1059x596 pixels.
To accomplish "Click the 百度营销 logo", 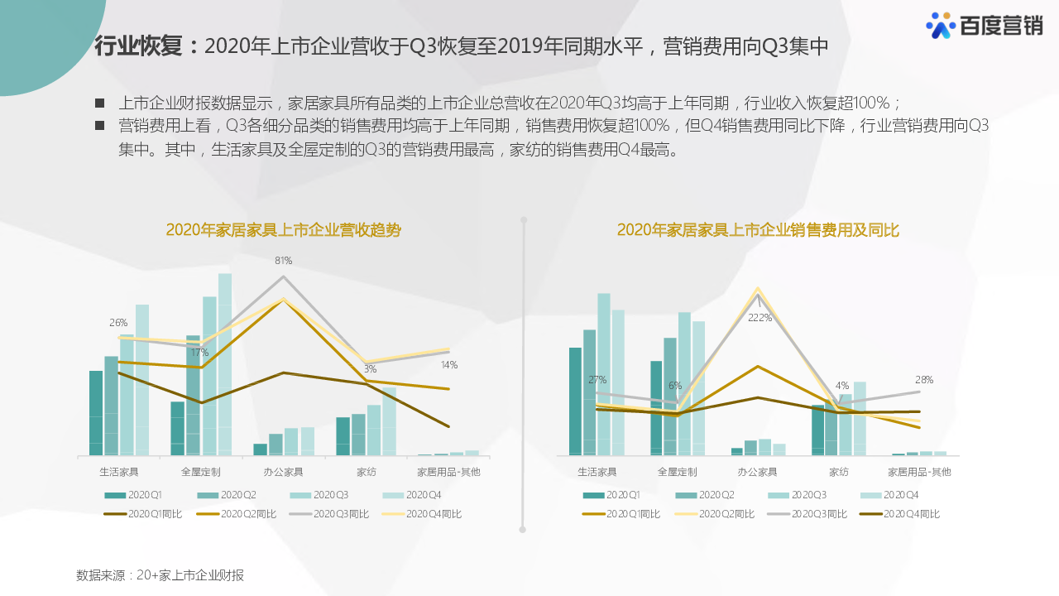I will [984, 26].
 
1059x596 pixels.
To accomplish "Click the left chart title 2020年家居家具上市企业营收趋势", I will [283, 230].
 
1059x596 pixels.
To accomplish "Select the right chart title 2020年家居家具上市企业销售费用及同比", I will [758, 230].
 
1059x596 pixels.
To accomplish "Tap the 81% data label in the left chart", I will [284, 261].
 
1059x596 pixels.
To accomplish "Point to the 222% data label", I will [760, 318].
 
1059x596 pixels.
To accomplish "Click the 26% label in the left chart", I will [118, 323].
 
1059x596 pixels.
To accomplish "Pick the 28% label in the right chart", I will [924, 380].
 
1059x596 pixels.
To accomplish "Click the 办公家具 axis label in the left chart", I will [284, 472].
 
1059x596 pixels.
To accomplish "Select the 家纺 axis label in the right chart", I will [839, 472].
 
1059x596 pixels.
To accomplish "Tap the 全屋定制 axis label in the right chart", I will [677, 472].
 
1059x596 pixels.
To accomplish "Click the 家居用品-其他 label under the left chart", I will [448, 472].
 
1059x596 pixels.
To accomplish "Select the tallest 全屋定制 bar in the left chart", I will [225, 364].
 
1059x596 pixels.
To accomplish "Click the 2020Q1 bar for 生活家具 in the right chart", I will [575, 401].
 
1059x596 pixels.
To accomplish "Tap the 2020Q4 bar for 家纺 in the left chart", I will [389, 421].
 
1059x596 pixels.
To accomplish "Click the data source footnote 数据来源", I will [160, 575].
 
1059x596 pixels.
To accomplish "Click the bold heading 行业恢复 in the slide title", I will [137, 46].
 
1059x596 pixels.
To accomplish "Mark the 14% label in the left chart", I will [449, 365].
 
